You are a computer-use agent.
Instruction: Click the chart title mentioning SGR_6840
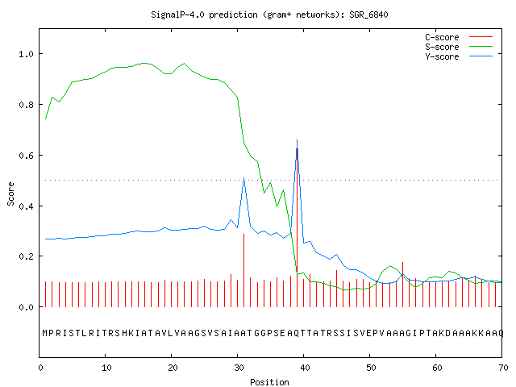point(269,15)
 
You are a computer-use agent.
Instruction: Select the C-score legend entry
point(459,37)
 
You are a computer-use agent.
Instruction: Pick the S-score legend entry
point(459,47)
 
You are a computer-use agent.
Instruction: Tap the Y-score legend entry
point(459,56)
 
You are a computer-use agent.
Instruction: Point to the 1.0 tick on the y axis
point(26,54)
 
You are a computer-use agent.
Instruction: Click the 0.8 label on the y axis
point(26,105)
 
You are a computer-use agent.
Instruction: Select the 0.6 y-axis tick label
point(26,156)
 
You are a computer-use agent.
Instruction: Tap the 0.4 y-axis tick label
point(26,206)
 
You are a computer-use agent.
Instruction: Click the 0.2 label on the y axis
point(26,256)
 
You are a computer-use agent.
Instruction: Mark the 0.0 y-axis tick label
point(26,307)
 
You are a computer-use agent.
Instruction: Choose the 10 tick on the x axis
point(106,368)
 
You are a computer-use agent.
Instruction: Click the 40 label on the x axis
point(305,368)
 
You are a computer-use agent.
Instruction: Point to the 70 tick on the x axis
point(503,368)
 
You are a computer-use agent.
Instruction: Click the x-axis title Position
point(269,382)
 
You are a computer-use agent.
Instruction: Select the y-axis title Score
point(10,193)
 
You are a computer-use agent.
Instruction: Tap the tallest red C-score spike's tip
point(297,139)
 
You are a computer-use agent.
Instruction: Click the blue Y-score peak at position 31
point(243,177)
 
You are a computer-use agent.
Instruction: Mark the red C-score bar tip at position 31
point(243,234)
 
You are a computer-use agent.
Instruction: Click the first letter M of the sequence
point(45,333)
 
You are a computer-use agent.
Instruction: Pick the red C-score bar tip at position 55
point(402,263)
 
